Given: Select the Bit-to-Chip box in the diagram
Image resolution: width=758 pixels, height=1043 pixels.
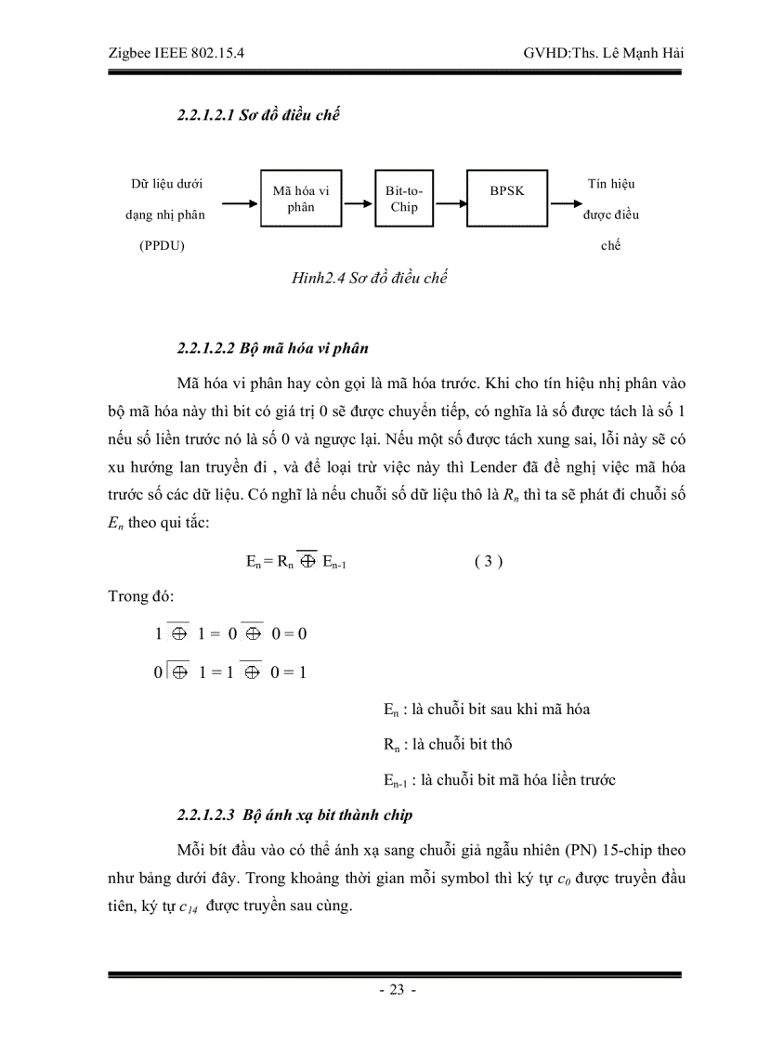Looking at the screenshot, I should pos(403,199).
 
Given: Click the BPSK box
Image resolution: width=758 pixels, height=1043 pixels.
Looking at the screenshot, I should pos(507,199).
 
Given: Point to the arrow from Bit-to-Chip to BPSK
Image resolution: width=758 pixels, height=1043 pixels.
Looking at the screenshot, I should pos(450,200).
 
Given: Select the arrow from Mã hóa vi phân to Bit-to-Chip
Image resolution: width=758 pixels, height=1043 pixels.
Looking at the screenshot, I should pos(359,200).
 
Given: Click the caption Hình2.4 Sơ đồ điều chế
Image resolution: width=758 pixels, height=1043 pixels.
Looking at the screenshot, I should pos(370,278).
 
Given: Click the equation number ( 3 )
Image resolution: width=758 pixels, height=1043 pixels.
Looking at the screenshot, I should pos(488,562).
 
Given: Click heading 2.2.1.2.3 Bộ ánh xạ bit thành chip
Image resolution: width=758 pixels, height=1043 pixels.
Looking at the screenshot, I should pos(294,815).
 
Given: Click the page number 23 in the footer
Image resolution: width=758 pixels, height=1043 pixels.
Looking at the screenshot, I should pos(396,990).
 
